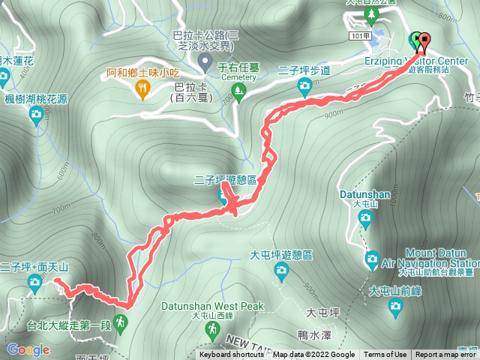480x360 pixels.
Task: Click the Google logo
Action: [x=28, y=349]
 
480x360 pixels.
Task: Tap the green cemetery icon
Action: [x=239, y=93]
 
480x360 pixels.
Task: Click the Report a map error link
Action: [x=445, y=355]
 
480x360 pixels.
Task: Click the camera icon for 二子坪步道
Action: [x=304, y=87]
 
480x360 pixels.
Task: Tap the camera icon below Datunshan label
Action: [x=365, y=219]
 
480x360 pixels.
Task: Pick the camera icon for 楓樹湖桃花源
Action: [x=35, y=114]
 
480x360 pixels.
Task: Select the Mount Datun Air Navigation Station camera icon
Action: [x=372, y=260]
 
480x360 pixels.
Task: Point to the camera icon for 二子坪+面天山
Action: [x=34, y=281]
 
